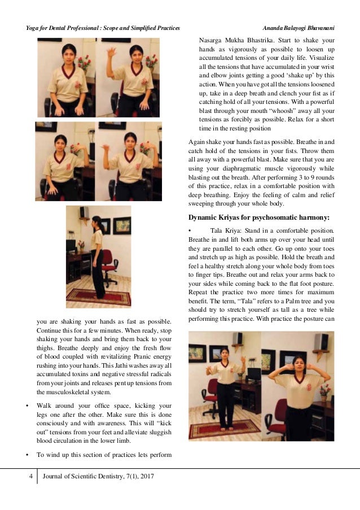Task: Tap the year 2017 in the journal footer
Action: (x=146, y=477)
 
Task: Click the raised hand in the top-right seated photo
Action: (x=112, y=54)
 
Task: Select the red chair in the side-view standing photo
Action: (x=108, y=265)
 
